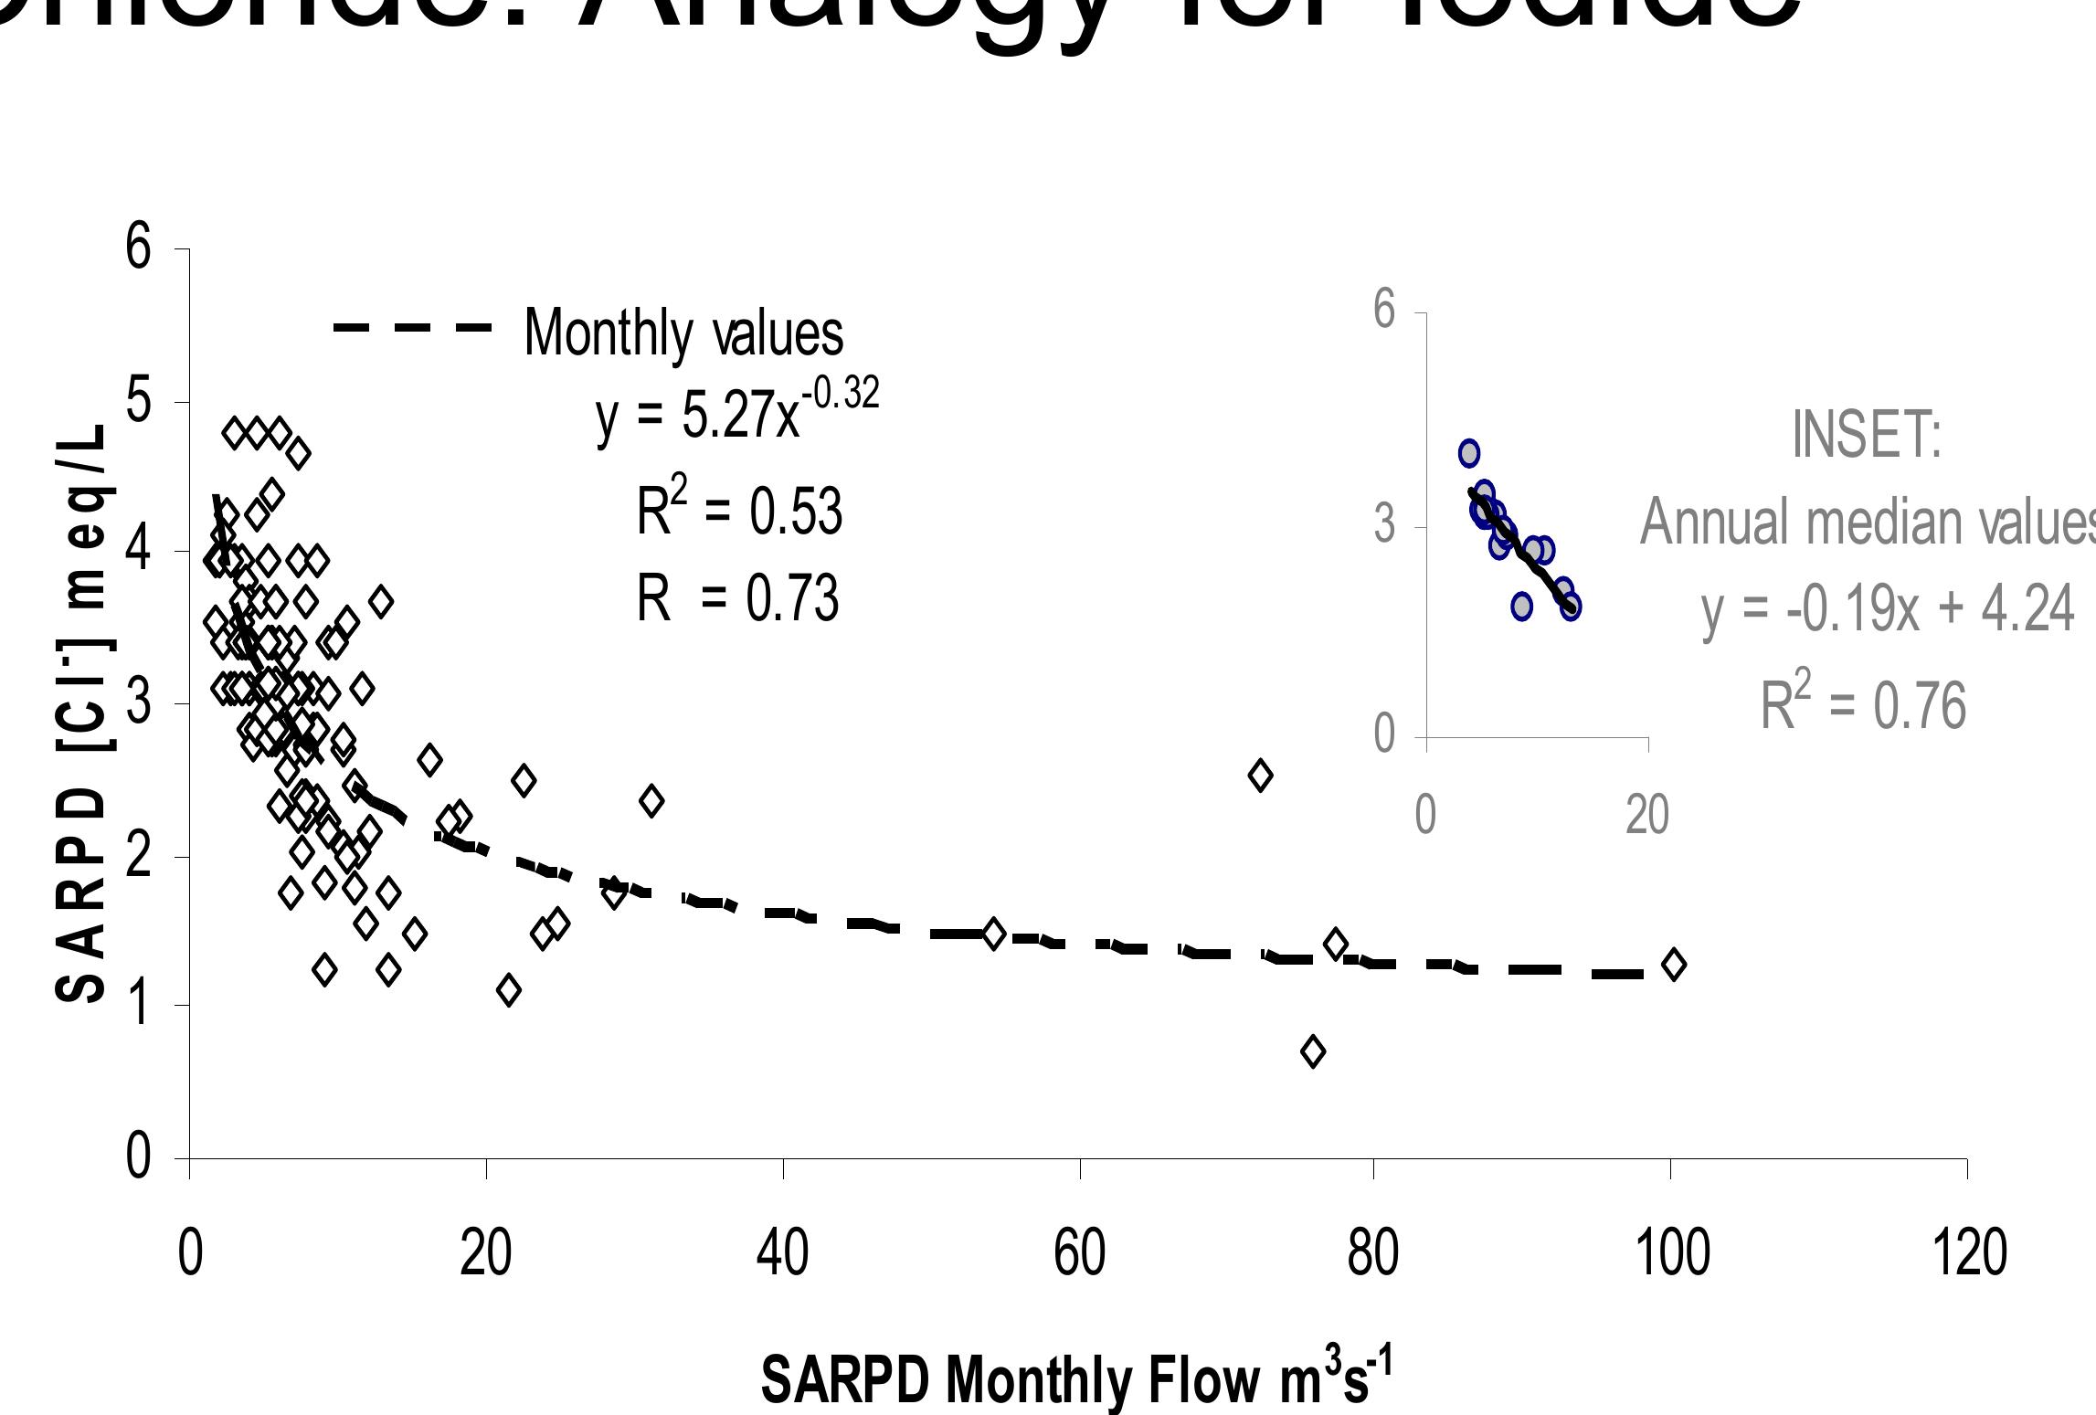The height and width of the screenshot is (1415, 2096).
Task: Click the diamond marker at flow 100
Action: coord(1673,964)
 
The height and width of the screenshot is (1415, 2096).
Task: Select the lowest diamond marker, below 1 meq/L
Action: coord(1313,1052)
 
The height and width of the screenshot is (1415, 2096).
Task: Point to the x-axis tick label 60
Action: coord(1079,1253)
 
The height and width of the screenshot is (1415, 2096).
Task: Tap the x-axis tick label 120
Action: coord(1968,1253)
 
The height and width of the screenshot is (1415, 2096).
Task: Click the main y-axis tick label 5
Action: coord(138,401)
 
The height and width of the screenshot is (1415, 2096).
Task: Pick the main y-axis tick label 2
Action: coord(138,856)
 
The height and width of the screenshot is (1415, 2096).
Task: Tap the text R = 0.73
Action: coord(736,600)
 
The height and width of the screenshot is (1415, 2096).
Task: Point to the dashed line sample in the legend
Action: coord(413,327)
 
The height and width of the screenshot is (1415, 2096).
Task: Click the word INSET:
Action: coord(1866,435)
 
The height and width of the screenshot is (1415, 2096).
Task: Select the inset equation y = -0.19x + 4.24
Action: coord(1888,610)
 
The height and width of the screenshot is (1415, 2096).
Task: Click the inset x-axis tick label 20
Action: coord(1647,815)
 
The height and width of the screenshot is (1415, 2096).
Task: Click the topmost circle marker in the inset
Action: coord(1468,453)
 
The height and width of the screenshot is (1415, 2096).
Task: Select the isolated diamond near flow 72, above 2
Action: coord(1260,776)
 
